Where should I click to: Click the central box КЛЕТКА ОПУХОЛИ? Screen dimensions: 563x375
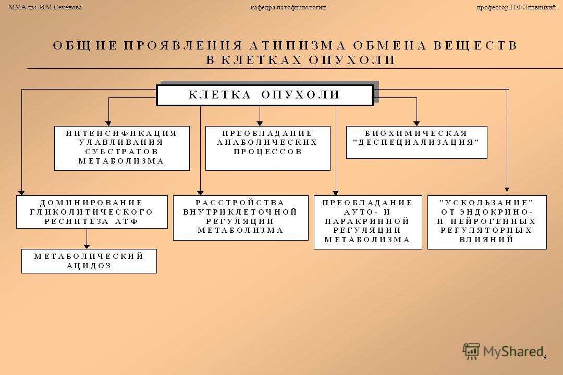pyautogui.click(x=265, y=95)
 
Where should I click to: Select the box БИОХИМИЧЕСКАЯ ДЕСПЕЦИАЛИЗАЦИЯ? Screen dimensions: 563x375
pyautogui.click(x=417, y=143)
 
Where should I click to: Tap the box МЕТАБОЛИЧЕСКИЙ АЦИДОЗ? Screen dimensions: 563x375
pyautogui.click(x=89, y=261)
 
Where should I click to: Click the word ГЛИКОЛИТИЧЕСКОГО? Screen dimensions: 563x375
pyautogui.click(x=92, y=212)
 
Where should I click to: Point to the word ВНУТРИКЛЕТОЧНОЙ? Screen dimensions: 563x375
pyautogui.click(x=240, y=212)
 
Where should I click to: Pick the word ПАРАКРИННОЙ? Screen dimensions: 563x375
pyautogui.click(x=368, y=221)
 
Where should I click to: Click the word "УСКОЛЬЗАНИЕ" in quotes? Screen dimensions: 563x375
pyautogui.click(x=487, y=203)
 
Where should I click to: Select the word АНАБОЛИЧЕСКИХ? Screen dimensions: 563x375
pyautogui.click(x=267, y=143)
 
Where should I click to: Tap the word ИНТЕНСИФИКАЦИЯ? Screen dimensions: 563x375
pyautogui.click(x=121, y=133)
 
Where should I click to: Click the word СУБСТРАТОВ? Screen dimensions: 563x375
pyautogui.click(x=121, y=152)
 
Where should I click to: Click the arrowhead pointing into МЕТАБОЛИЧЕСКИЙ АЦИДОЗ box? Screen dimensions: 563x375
pyautogui.click(x=87, y=246)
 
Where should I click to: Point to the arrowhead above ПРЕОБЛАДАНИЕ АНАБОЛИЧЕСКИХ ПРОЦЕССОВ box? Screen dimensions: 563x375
pyautogui.click(x=260, y=123)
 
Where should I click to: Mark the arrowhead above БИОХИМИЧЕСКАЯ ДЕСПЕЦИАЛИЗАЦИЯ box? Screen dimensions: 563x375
pyautogui.click(x=417, y=123)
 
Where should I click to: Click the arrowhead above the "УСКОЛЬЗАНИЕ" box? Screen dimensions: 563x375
pyautogui.click(x=507, y=190)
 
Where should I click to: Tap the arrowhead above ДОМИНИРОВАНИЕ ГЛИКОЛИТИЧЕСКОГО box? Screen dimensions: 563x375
pyautogui.click(x=21, y=193)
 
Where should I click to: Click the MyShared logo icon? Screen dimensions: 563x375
pyautogui.click(x=471, y=351)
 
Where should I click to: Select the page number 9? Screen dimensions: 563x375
pyautogui.click(x=545, y=357)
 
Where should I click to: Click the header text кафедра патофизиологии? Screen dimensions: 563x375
pyautogui.click(x=288, y=7)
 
